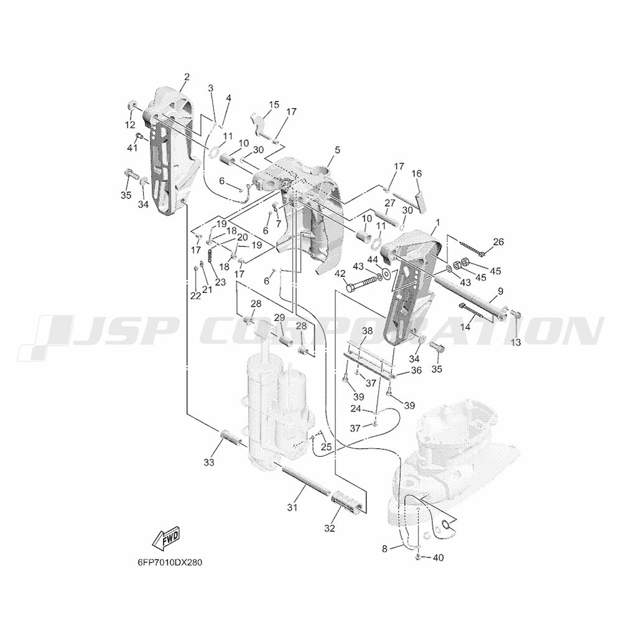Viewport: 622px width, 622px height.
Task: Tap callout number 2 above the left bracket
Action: [187, 77]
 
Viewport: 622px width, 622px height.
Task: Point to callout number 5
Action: [337, 150]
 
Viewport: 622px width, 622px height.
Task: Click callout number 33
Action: [208, 462]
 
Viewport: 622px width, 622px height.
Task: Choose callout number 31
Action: [292, 507]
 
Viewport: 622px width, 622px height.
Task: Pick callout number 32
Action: [330, 528]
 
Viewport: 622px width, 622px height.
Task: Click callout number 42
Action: [340, 273]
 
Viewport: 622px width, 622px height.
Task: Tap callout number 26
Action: [498, 241]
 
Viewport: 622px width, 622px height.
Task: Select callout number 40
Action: [438, 557]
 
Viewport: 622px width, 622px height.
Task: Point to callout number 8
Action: [384, 549]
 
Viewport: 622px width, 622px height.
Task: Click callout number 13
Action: [516, 342]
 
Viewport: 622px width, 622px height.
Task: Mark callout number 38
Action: [368, 331]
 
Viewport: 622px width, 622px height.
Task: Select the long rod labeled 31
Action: [306, 480]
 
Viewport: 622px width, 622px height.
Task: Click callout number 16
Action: [417, 174]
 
